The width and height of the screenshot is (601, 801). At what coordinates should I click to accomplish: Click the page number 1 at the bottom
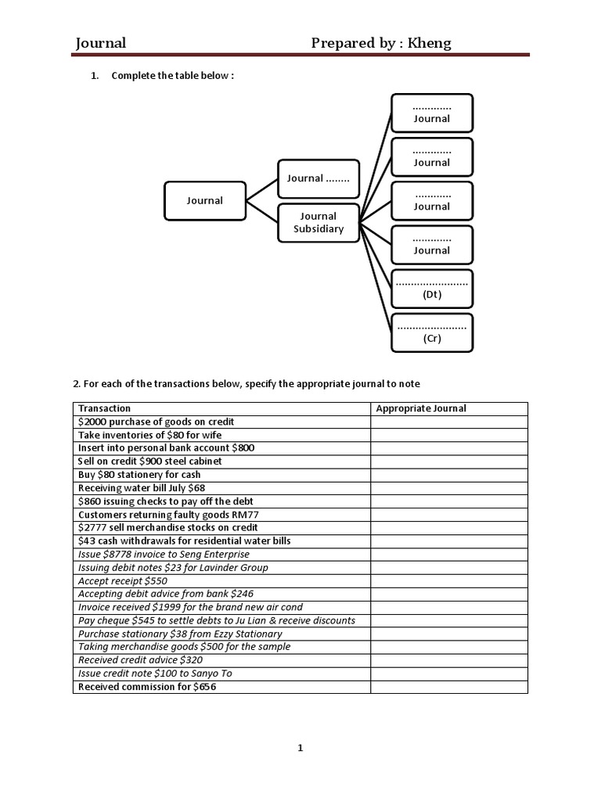(x=300, y=748)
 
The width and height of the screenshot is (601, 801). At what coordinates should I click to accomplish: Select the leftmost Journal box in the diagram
(x=205, y=201)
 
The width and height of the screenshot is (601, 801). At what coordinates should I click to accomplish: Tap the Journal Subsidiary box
(x=318, y=222)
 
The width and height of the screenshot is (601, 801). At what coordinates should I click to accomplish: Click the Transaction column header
(x=105, y=408)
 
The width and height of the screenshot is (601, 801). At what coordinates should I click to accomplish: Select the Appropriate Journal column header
(x=421, y=408)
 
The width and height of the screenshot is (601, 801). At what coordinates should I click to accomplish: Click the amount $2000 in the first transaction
(x=92, y=422)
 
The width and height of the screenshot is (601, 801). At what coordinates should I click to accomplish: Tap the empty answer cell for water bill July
(x=449, y=488)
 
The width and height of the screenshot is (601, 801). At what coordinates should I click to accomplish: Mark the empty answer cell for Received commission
(x=449, y=687)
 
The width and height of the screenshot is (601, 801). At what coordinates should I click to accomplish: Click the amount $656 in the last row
(x=203, y=687)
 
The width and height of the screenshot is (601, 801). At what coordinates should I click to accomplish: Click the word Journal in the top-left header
(x=101, y=43)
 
